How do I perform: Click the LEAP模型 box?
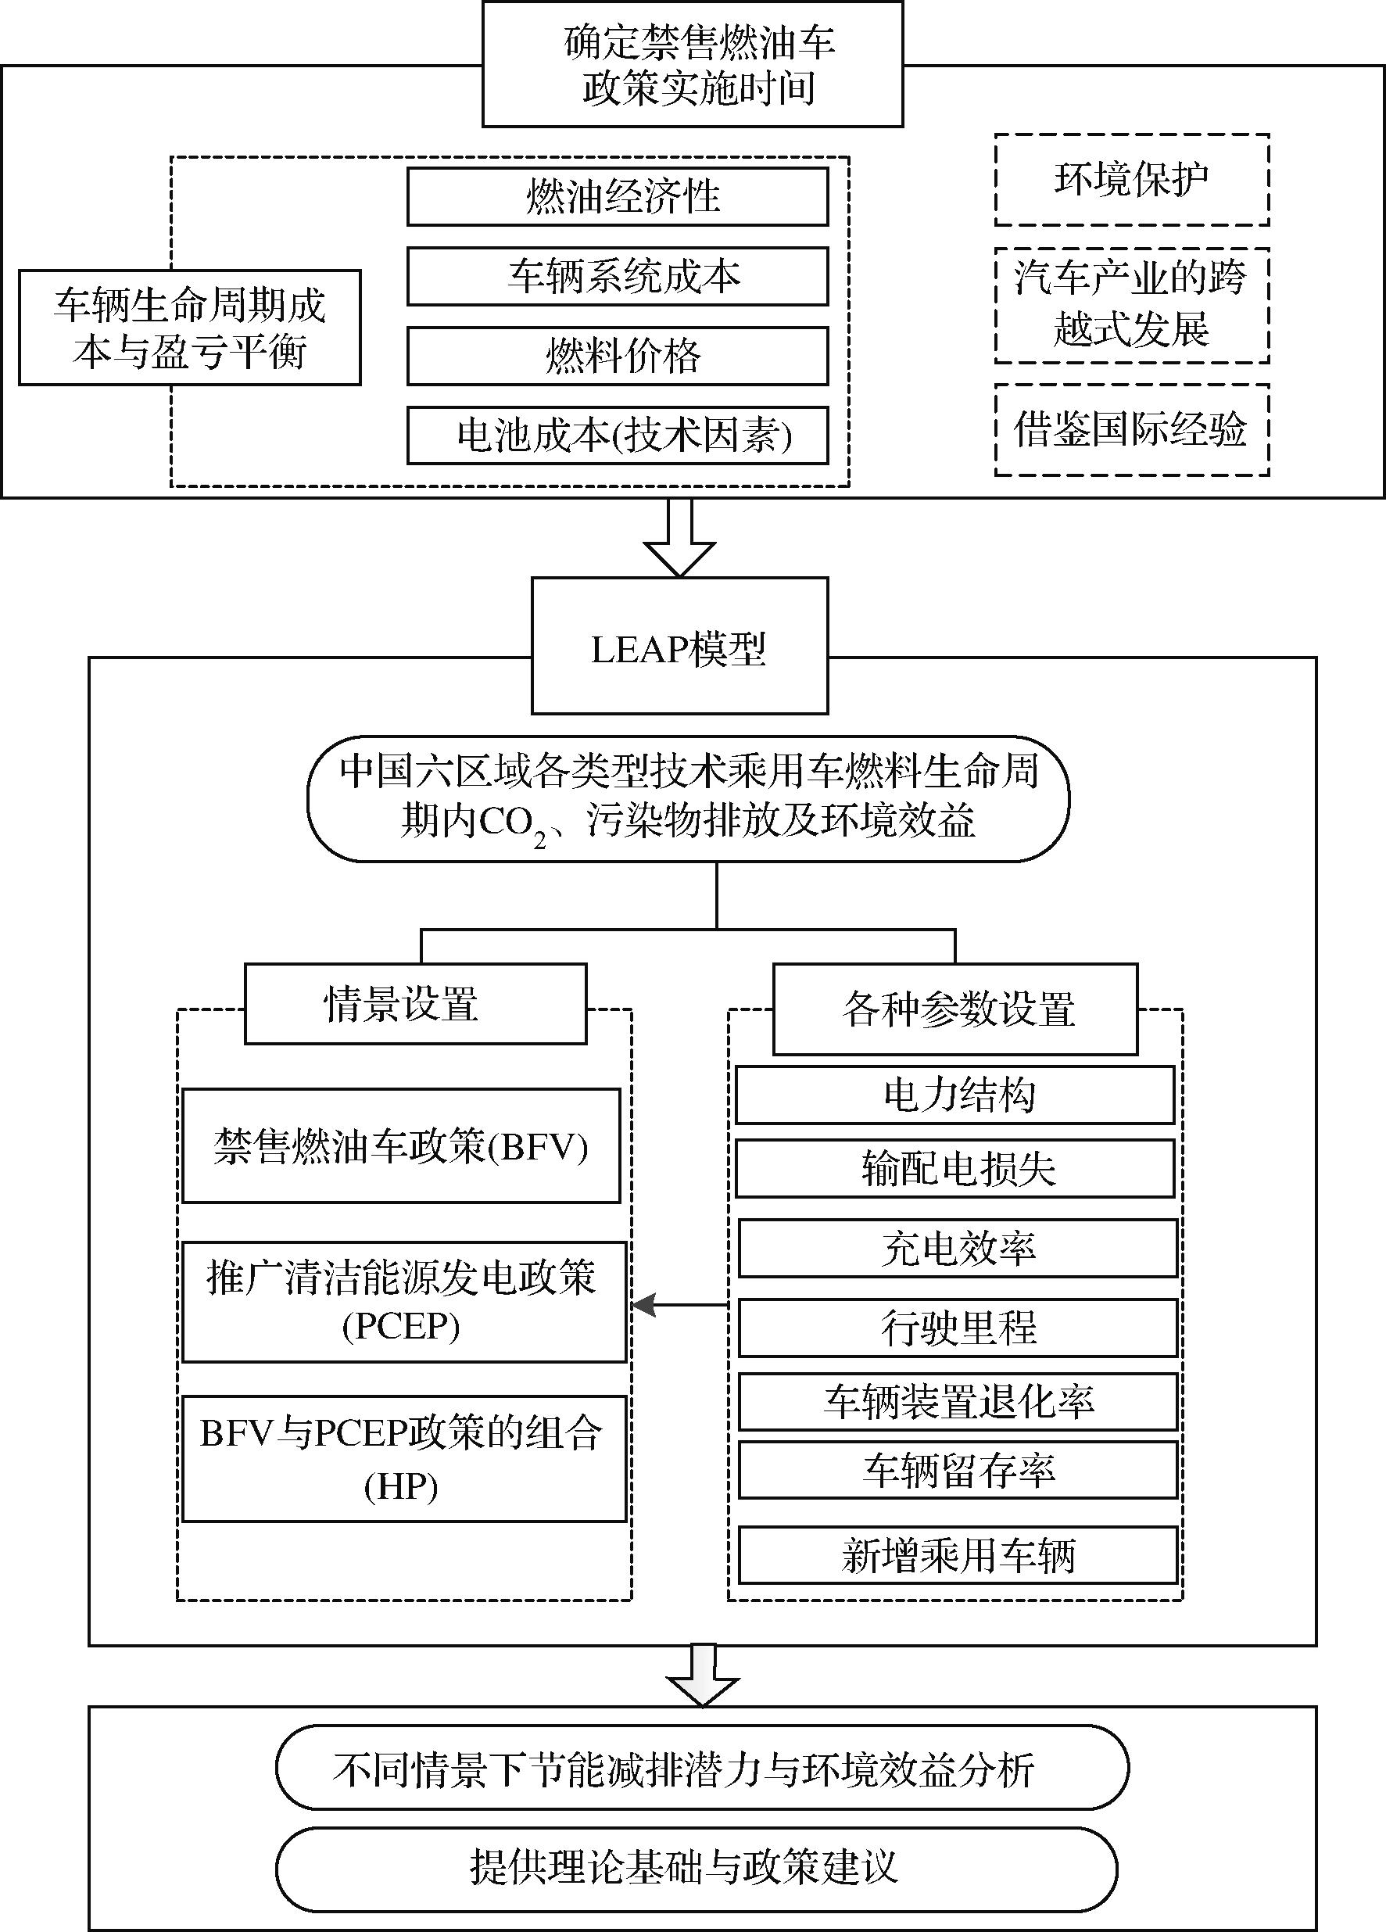click(x=679, y=645)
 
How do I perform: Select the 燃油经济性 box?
click(x=617, y=197)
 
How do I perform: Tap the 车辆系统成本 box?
click(x=617, y=276)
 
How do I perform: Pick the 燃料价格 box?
click(x=617, y=356)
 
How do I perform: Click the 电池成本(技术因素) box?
click(x=617, y=436)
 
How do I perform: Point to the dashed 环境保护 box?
click(x=1131, y=180)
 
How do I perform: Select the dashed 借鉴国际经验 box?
click(x=1131, y=429)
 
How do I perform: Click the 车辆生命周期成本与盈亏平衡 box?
click(x=189, y=328)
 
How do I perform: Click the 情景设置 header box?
click(x=415, y=1003)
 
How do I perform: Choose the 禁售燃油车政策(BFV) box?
click(x=400, y=1145)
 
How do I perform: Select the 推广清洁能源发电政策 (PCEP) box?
click(x=403, y=1301)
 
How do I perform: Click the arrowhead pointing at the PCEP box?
click(x=644, y=1304)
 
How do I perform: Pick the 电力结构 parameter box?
click(x=954, y=1095)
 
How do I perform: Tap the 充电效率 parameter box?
click(x=958, y=1248)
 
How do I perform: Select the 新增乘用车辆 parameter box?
click(x=958, y=1555)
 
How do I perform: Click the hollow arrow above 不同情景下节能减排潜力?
click(x=702, y=1676)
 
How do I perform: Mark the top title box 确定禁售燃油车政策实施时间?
click(x=692, y=65)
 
